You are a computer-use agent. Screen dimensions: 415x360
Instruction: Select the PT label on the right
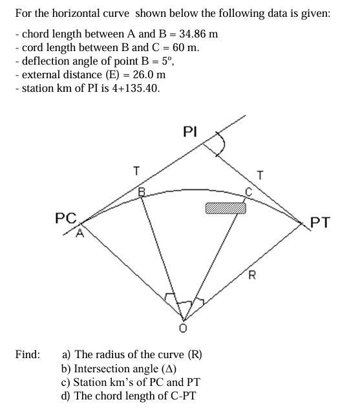pos(321,224)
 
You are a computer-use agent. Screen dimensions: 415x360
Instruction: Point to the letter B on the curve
pos(143,190)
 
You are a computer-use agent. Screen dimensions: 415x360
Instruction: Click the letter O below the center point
pos(183,329)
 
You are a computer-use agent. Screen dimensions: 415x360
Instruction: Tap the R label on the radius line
pos(252,279)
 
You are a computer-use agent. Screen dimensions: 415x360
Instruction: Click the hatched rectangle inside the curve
pos(226,207)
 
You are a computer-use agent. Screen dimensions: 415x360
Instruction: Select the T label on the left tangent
pos(136,171)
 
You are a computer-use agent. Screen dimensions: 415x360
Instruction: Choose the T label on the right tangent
pos(260,173)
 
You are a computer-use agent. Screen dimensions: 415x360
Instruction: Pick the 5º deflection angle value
pos(165,61)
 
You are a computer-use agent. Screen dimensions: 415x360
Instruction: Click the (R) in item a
pos(195,354)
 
